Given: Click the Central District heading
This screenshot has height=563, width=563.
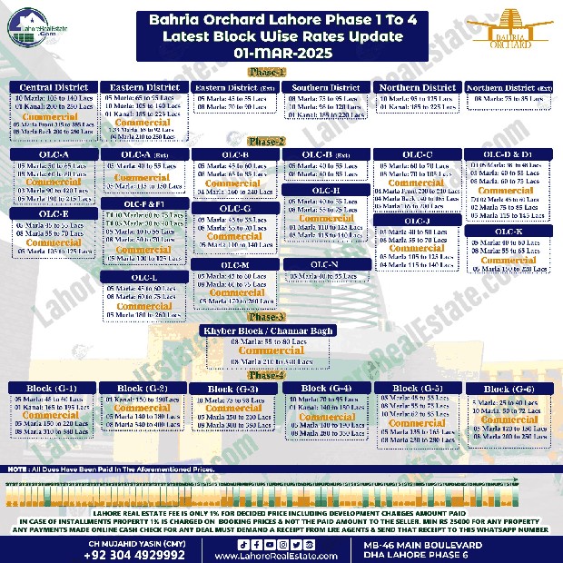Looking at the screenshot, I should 55,87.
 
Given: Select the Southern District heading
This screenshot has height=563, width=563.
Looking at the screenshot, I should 326,88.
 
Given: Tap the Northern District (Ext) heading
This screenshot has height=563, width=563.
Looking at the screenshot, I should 509,88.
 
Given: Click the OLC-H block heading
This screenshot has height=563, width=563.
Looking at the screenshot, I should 326,191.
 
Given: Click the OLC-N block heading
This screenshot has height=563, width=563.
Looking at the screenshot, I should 326,264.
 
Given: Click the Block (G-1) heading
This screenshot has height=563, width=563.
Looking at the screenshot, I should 54,388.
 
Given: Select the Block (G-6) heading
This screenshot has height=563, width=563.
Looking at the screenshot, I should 509,388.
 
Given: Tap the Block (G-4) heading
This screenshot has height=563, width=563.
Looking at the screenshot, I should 326,388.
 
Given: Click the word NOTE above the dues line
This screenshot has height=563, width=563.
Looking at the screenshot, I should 15,469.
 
